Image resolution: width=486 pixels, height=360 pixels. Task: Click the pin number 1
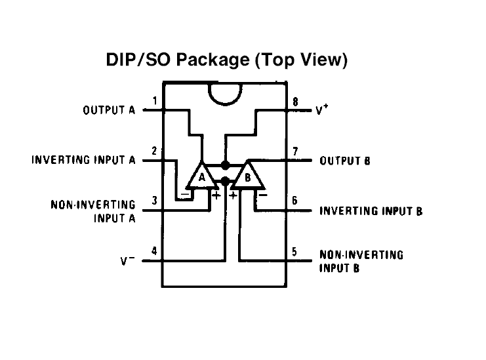pos(155,100)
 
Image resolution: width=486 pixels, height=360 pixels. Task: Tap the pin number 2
pos(155,151)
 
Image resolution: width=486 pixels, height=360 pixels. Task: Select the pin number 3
pos(155,201)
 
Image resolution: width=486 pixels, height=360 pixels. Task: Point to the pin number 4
pos(155,250)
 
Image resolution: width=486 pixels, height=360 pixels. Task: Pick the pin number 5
pos(295,251)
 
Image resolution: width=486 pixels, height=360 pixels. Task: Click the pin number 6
pos(295,201)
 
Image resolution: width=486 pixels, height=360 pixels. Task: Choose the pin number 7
pos(295,151)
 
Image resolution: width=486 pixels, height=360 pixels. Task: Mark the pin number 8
pos(295,102)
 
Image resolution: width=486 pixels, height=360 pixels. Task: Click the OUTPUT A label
pos(109,110)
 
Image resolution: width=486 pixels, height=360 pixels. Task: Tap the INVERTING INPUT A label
pos(83,160)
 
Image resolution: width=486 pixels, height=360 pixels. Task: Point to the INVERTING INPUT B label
pos(371,211)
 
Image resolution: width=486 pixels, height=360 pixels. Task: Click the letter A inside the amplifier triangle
pos(203,178)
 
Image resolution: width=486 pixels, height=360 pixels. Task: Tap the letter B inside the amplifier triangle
pos(248,178)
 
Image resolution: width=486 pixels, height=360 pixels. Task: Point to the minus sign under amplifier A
pos(187,194)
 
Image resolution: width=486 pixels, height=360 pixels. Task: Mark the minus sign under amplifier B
pos(262,194)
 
